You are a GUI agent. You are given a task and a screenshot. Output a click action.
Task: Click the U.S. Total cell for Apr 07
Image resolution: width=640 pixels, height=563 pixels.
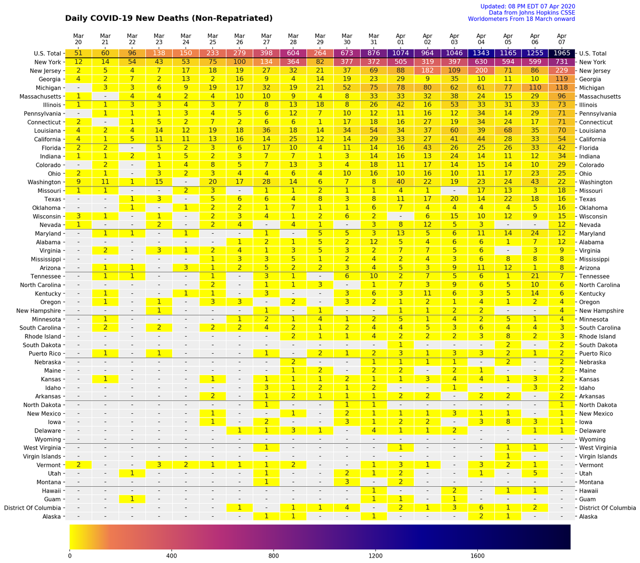[x=562, y=53]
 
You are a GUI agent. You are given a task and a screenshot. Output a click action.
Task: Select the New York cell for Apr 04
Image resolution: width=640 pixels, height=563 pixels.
[x=481, y=62]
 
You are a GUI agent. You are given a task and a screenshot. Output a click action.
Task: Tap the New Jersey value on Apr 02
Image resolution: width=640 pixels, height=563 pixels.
[x=427, y=70]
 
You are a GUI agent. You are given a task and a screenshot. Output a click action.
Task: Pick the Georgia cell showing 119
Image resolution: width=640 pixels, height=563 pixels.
[x=562, y=79]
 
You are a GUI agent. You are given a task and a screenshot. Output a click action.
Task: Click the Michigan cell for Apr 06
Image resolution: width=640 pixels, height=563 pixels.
[x=535, y=87]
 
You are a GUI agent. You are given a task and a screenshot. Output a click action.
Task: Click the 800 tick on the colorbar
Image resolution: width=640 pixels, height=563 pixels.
[x=274, y=556]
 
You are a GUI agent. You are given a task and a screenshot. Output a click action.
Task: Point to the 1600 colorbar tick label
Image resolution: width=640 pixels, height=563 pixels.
[x=477, y=556]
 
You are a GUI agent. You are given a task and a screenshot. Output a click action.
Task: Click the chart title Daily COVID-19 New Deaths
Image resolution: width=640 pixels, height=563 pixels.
[x=169, y=18]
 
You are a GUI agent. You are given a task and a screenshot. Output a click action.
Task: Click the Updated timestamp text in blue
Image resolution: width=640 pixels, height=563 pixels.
[x=527, y=6]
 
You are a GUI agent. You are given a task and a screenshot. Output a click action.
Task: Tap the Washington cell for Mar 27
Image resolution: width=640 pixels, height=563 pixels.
[x=266, y=182]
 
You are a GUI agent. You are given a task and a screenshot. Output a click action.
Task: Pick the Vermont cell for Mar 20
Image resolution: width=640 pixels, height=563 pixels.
[x=78, y=465]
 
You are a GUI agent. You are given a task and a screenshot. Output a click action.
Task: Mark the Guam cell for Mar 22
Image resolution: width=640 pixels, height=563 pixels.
[x=132, y=499]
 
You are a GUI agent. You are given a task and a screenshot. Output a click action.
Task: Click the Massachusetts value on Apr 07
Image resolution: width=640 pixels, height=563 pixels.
[x=562, y=96]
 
